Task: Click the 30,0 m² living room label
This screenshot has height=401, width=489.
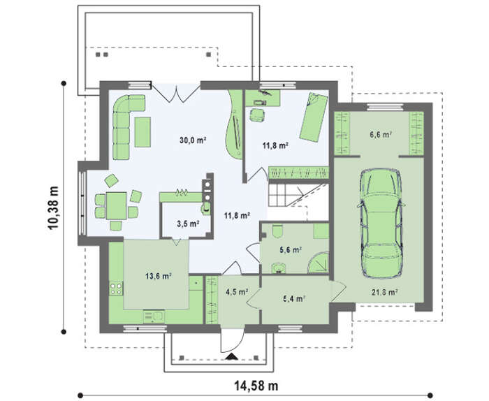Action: pos(194,140)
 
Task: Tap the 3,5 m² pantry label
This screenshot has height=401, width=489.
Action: pos(189,224)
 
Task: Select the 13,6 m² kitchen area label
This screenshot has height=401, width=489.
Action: pos(159,276)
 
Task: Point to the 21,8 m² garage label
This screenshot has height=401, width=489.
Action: pos(384,292)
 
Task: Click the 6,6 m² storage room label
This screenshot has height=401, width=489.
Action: pos(381,135)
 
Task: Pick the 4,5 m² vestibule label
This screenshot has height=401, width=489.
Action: pos(237,292)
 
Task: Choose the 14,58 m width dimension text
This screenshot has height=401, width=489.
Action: pos(256,386)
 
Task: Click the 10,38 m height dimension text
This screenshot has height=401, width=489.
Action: pos(53,207)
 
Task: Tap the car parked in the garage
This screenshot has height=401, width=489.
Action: pos(381,223)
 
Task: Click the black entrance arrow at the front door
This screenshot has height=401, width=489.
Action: pos(231,358)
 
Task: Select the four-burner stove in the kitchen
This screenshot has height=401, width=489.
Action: pos(116,288)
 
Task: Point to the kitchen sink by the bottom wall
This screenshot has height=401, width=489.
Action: pos(153,316)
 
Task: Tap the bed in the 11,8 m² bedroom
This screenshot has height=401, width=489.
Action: pos(314,117)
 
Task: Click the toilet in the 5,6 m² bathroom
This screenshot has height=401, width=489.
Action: pos(277,231)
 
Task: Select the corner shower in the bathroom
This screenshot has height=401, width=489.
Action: pos(319,263)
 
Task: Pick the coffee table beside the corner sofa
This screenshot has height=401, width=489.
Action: pos(143,132)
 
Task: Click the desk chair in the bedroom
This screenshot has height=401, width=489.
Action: pos(257,115)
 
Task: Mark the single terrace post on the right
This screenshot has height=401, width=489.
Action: pos(209,54)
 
